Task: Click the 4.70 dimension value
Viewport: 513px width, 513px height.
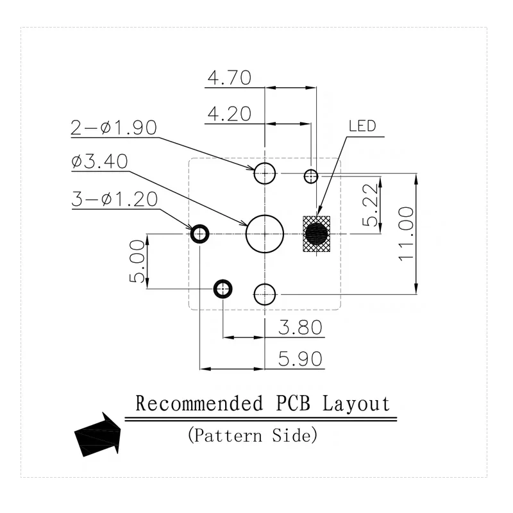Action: click(x=230, y=78)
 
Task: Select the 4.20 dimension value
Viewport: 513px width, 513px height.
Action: click(x=230, y=114)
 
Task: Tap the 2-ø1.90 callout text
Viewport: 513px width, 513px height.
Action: click(x=114, y=128)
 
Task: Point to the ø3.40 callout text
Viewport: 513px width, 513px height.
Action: click(x=99, y=162)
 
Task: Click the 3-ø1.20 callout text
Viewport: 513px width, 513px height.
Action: click(x=115, y=199)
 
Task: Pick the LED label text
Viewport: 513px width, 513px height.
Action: click(x=362, y=126)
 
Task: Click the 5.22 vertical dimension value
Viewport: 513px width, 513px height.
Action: click(x=370, y=205)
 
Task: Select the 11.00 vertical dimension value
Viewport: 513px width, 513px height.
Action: click(x=406, y=233)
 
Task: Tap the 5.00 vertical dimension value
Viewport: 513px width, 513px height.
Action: click(x=137, y=262)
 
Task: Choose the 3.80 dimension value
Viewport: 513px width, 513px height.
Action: click(x=300, y=327)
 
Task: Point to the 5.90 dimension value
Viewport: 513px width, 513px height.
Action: click(x=300, y=359)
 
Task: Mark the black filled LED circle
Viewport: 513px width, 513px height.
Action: click(x=316, y=234)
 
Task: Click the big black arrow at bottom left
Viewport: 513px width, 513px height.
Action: click(x=98, y=435)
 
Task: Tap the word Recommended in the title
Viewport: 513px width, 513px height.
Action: click(x=199, y=403)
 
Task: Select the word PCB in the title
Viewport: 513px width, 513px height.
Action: click(x=293, y=403)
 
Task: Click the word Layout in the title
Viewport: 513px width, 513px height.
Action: click(x=357, y=403)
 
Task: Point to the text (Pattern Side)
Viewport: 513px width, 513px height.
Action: click(x=253, y=435)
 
